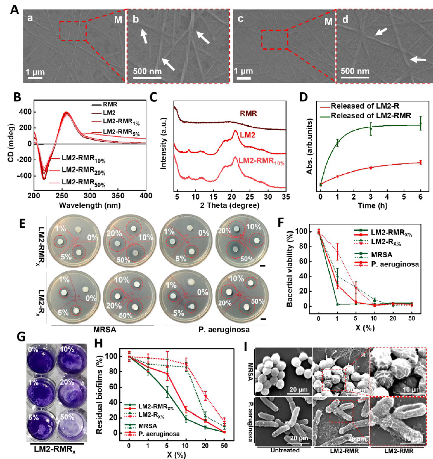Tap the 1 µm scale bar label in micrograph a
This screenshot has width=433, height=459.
click(35, 72)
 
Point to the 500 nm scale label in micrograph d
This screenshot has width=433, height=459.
click(355, 71)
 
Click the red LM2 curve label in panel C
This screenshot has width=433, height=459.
click(248, 135)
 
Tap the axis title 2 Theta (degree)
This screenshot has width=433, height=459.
click(230, 205)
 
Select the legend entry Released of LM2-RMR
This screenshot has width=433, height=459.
click(371, 116)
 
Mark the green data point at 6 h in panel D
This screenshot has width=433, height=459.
click(420, 123)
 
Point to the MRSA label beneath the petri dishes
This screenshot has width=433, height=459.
click(105, 330)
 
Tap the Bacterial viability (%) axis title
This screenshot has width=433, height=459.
click(290, 267)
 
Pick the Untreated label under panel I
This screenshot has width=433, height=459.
click(285, 450)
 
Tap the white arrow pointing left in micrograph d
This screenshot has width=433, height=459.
click(418, 59)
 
